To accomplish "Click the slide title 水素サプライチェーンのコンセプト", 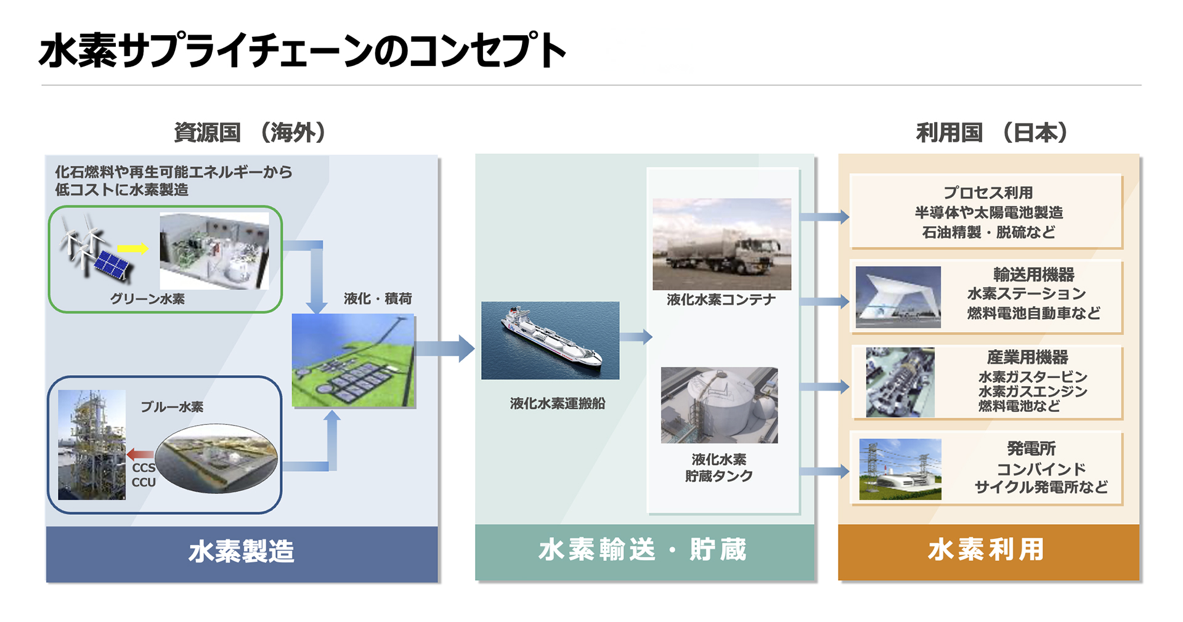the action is [x=302, y=50].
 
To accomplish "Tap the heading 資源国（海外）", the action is [x=250, y=132].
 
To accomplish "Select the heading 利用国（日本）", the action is [x=991, y=132].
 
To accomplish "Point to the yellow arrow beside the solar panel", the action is [x=133, y=248].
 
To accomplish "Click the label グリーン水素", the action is [x=147, y=299].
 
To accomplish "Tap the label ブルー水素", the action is [x=172, y=407].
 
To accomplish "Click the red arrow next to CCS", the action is [x=140, y=455].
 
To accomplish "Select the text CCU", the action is [x=144, y=482].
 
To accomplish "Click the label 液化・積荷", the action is [x=378, y=299].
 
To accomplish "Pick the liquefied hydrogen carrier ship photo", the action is [x=550, y=340].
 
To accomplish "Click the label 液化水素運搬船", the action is [x=558, y=403].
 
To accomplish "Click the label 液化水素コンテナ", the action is [x=721, y=300].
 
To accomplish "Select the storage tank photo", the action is [x=719, y=405].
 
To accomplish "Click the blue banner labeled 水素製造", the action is [x=242, y=552].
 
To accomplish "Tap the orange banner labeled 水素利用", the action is [x=988, y=550].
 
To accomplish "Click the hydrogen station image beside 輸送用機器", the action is [x=898, y=297].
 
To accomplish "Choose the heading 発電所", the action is [x=1031, y=448].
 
